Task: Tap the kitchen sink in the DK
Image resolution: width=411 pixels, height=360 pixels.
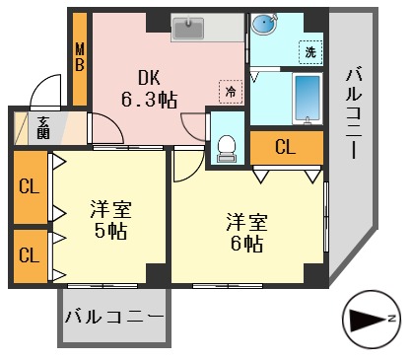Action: coord(187,30)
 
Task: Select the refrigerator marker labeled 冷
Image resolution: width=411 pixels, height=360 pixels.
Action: coord(230,90)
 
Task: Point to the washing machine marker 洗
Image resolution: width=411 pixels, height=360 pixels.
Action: coord(309,51)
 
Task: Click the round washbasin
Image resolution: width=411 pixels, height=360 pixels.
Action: coord(263,25)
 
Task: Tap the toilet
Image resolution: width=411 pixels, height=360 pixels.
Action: coord(229,142)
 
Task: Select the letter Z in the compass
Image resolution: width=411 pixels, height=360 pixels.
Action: coord(391,319)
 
